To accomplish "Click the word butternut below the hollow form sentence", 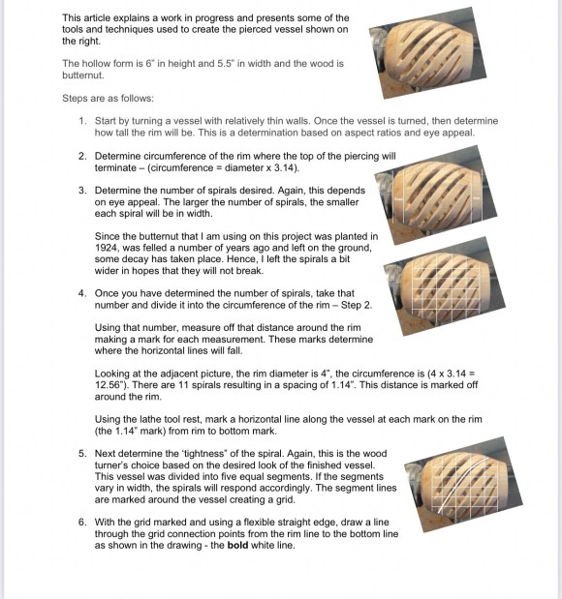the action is pyautogui.click(x=82, y=75).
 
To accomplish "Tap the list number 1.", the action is pyautogui.click(x=82, y=121).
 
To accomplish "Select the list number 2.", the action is pyautogui.click(x=82, y=156).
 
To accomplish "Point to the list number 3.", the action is pyautogui.click(x=82, y=191).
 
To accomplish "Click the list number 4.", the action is pyautogui.click(x=82, y=293).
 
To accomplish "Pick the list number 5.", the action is pyautogui.click(x=82, y=454).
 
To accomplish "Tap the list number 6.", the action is pyautogui.click(x=82, y=523).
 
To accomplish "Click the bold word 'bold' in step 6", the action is pyautogui.click(x=237, y=545).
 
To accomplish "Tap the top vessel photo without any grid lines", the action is pyautogui.click(x=427, y=52).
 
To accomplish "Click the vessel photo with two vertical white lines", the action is pyautogui.click(x=436, y=195).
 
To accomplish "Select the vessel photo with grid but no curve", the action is pyautogui.click(x=445, y=286).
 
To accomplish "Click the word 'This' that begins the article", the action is pyautogui.click(x=72, y=18).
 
